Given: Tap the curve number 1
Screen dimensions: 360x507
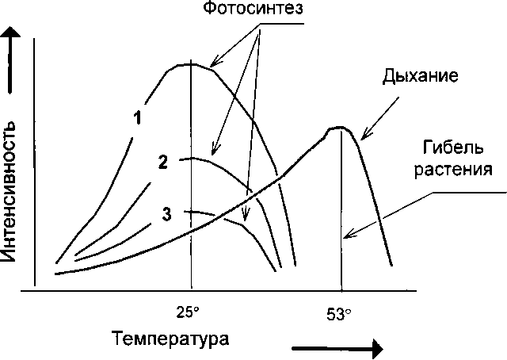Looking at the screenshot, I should [137, 118].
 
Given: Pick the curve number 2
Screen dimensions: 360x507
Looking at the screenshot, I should [162, 163].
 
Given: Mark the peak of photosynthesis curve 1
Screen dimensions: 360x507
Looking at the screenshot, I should [191, 63].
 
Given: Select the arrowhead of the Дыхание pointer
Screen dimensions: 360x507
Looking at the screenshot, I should [361, 140].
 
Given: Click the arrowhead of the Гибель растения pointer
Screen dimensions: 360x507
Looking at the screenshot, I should [345, 236].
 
